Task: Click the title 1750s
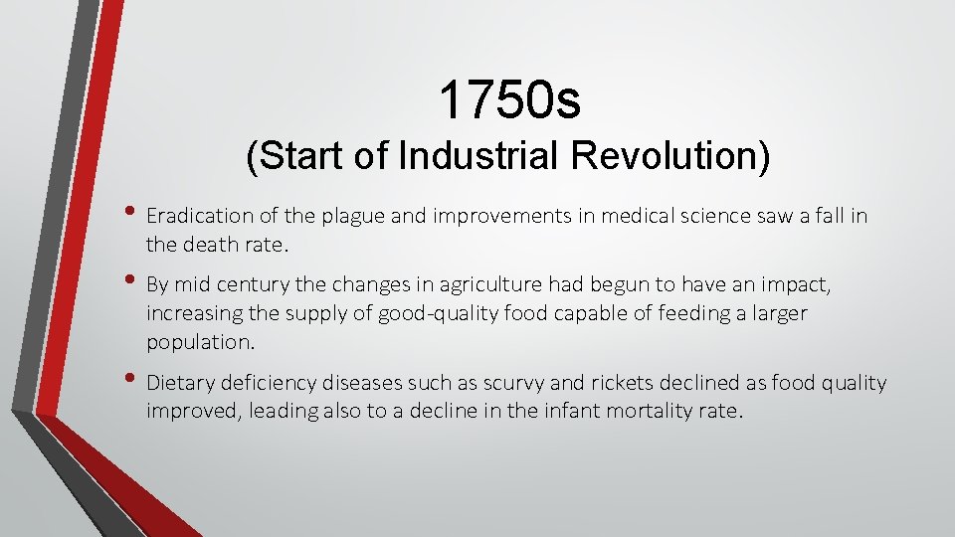coord(510,99)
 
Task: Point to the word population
coord(200,342)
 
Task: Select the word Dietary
coord(180,384)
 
